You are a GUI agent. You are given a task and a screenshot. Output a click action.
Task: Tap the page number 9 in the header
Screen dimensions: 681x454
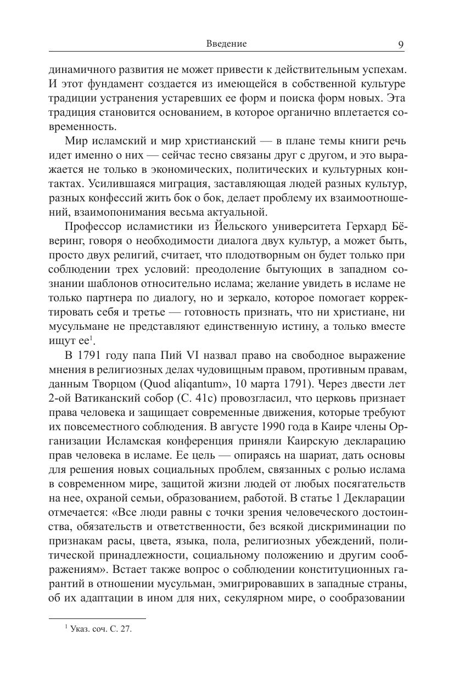pyautogui.click(x=401, y=44)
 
